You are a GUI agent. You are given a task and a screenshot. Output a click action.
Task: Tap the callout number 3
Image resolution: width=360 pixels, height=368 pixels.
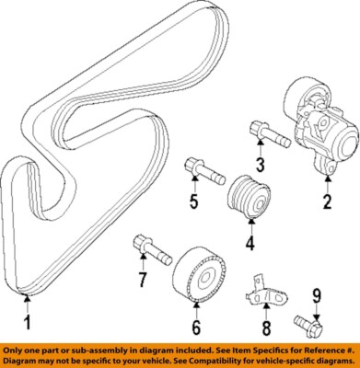pyautogui.click(x=261, y=165)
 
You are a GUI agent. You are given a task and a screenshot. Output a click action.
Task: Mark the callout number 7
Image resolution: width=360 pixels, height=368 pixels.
pyautogui.click(x=143, y=279)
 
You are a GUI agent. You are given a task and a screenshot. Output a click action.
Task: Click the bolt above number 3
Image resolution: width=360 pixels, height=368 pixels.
pyautogui.click(x=264, y=134)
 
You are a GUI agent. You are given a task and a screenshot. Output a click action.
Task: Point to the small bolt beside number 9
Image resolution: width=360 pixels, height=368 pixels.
pyautogui.click(x=308, y=324)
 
